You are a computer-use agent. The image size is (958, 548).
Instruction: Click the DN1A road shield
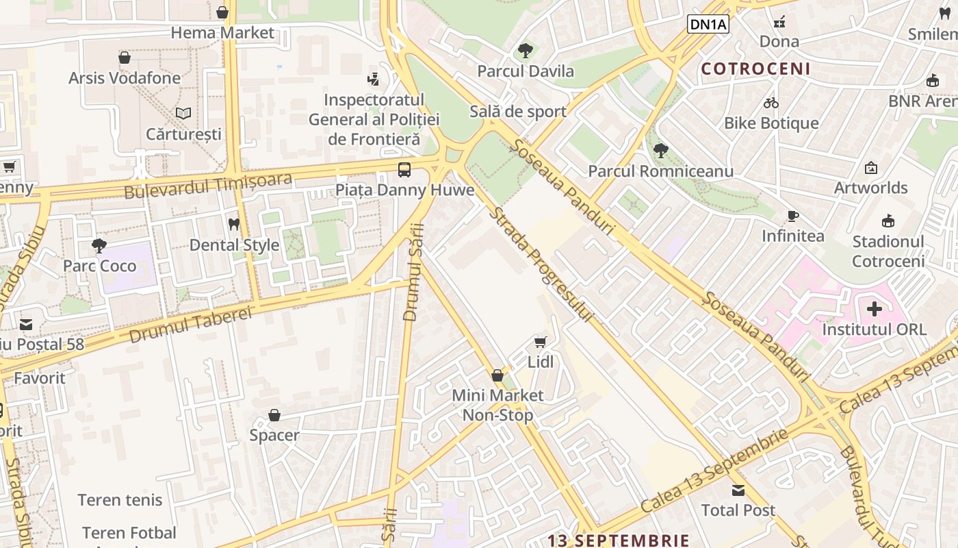pyautogui.click(x=708, y=25)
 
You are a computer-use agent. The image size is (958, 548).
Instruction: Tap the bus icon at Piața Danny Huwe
pyautogui.click(x=404, y=169)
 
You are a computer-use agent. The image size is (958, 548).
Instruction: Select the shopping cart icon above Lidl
pyautogui.click(x=541, y=341)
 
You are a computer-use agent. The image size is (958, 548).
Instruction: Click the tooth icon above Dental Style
pyautogui.click(x=234, y=224)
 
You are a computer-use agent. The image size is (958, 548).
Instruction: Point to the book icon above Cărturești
pyautogui.click(x=183, y=113)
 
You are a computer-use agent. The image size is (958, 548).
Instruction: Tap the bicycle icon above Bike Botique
pyautogui.click(x=771, y=103)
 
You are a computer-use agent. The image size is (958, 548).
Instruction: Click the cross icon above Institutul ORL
pyautogui.click(x=874, y=309)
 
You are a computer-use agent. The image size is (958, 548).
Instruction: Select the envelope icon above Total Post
pyautogui.click(x=738, y=490)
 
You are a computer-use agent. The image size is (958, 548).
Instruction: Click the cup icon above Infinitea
pyautogui.click(x=793, y=216)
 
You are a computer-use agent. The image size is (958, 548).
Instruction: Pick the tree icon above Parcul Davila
pyautogui.click(x=526, y=50)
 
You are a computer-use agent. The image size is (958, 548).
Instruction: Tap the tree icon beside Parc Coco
pyautogui.click(x=99, y=245)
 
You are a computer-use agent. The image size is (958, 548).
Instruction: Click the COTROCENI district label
pyautogui.click(x=755, y=68)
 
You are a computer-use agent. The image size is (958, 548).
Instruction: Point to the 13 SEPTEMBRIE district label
pyautogui.click(x=618, y=540)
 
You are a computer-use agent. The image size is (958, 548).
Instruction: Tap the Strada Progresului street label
pyautogui.click(x=540, y=264)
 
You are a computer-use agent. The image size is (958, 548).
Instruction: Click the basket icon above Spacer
pyautogui.click(x=274, y=415)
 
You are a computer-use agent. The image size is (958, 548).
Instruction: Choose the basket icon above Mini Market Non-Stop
pyautogui.click(x=497, y=375)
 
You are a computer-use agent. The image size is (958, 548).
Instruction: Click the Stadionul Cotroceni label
pyautogui.click(x=888, y=251)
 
